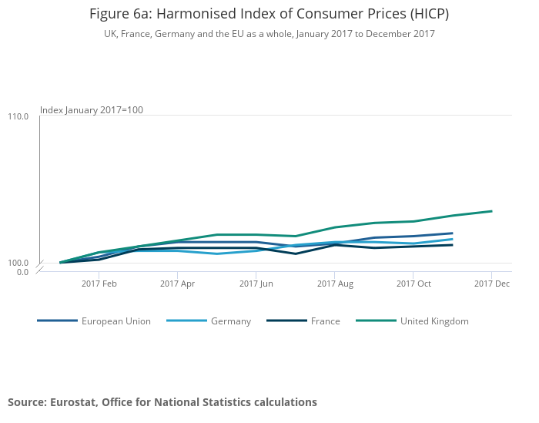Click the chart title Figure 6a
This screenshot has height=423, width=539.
pyautogui.click(x=269, y=14)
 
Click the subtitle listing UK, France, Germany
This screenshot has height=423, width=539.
pyautogui.click(x=269, y=34)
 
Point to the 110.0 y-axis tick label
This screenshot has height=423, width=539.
pyautogui.click(x=18, y=116)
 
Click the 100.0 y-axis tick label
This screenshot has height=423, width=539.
pyautogui.click(x=18, y=263)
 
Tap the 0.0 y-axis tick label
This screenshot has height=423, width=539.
pyautogui.click(x=22, y=272)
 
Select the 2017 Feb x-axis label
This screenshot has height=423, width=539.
pyautogui.click(x=99, y=284)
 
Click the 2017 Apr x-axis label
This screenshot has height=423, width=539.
pyautogui.click(x=177, y=284)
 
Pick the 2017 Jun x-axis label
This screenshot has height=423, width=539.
pyautogui.click(x=256, y=284)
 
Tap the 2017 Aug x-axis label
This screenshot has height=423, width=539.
pyautogui.click(x=334, y=284)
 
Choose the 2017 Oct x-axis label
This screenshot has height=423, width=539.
pyautogui.click(x=413, y=284)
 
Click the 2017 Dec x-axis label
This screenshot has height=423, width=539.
pyautogui.click(x=492, y=284)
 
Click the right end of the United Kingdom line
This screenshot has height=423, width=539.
pyautogui.click(x=492, y=211)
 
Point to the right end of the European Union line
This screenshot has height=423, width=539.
pyautogui.click(x=452, y=233)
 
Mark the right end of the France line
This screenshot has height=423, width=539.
pyautogui.click(x=452, y=245)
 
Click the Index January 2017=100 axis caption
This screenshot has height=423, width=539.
pyautogui.click(x=92, y=110)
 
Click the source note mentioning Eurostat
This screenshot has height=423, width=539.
pyautogui.click(x=162, y=402)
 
